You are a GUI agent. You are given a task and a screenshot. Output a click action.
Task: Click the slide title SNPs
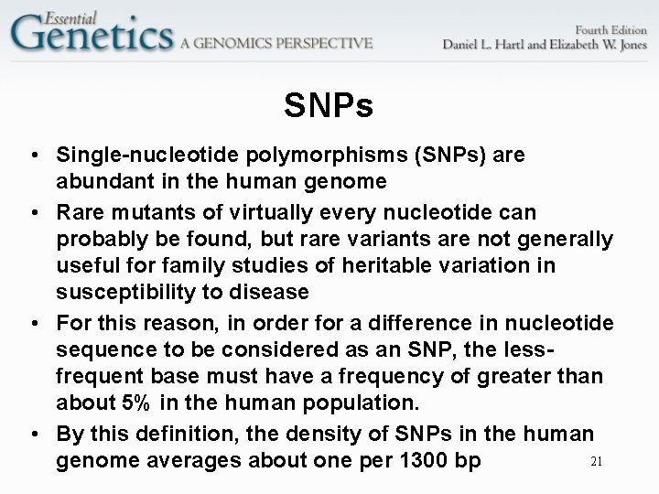point(329,107)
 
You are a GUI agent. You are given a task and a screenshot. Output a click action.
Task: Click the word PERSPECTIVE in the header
point(319,43)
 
